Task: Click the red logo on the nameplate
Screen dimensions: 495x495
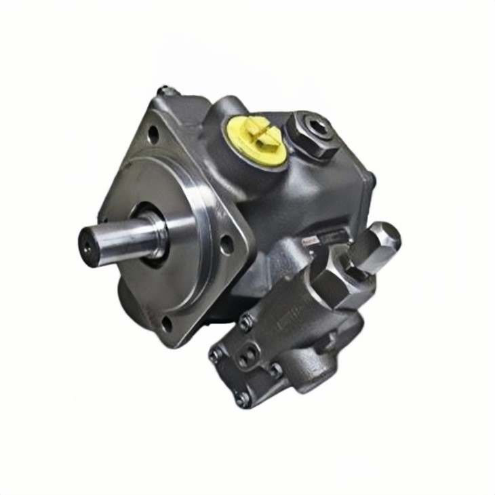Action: pos(311,239)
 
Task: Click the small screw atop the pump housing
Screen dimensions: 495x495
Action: pos(163,90)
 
